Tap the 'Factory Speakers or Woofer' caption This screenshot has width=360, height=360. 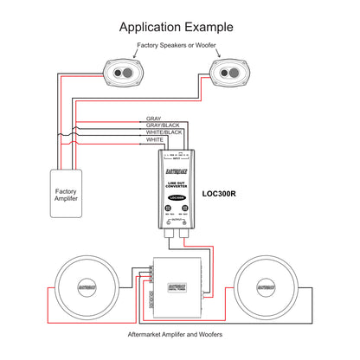180,45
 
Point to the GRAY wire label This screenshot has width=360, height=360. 154,119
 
